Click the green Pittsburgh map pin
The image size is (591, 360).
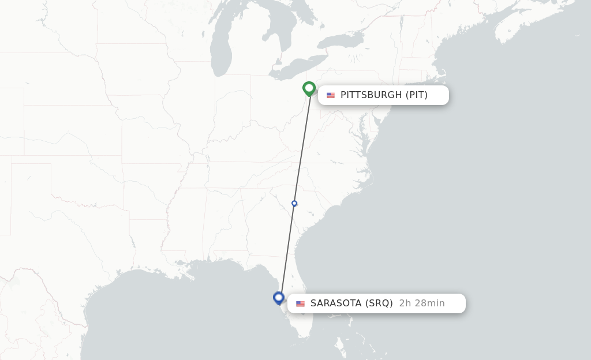point(309,88)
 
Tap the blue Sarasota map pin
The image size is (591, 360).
point(279,298)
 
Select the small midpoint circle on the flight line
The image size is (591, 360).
point(294,203)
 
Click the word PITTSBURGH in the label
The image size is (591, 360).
point(371,95)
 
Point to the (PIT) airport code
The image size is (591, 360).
point(416,95)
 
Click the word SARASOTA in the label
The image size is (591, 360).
point(336,303)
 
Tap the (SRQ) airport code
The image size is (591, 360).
point(379,303)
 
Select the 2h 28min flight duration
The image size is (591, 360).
point(422,303)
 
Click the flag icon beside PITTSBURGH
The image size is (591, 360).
point(331,95)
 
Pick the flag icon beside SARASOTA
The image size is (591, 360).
point(301,303)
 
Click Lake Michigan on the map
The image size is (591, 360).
point(220,49)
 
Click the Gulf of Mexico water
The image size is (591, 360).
point(173,312)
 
